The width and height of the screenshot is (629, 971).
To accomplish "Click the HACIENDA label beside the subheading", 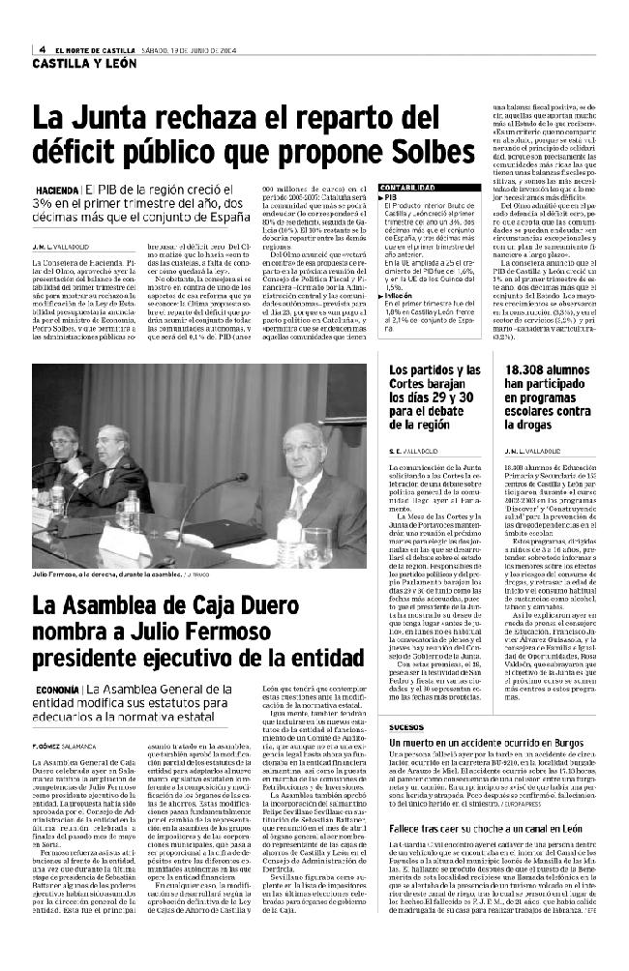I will [x=57, y=190].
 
